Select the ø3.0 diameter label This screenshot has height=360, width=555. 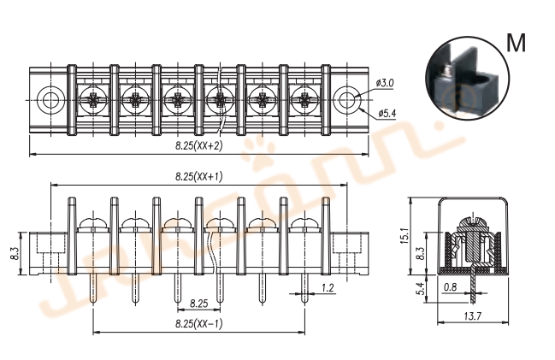click(385, 83)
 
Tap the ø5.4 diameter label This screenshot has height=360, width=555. click(386, 113)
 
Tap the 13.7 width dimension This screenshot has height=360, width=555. click(473, 316)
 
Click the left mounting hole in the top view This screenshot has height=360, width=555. click(50, 99)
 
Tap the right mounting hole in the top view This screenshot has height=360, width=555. click(346, 99)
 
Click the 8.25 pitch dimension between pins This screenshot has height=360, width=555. click(198, 303)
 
